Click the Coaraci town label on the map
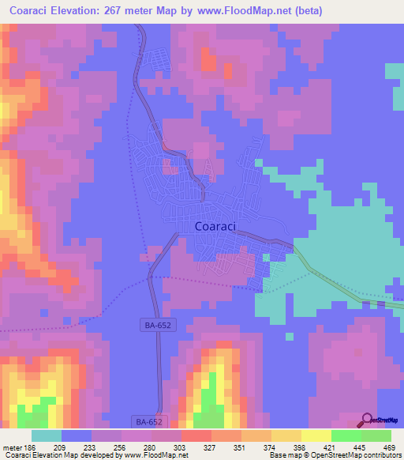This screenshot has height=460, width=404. (x=215, y=226)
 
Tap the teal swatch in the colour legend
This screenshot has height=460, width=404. (x=47, y=435)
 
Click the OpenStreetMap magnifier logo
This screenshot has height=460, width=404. (x=366, y=420)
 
